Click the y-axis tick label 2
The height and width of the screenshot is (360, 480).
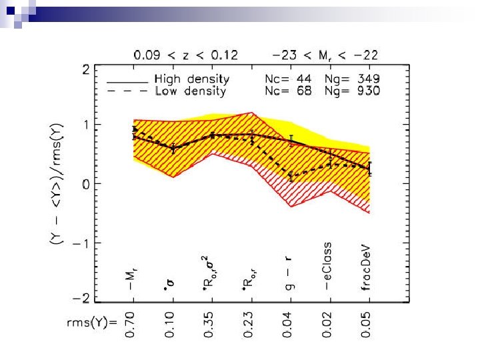[x=86, y=69]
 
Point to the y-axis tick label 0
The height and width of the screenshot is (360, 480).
[x=86, y=184]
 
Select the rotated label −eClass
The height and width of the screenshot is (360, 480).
[x=329, y=266]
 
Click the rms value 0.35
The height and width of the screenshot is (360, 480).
[x=212, y=325]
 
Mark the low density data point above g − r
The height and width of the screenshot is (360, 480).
[x=291, y=177]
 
